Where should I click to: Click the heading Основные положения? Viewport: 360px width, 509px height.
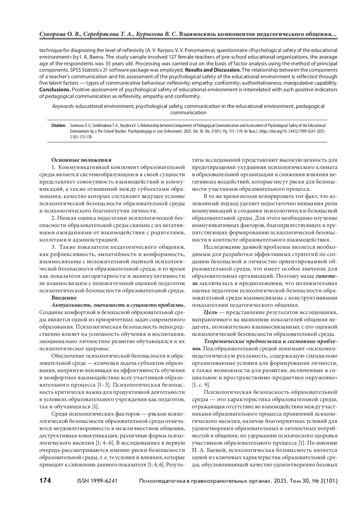[x=81, y=160]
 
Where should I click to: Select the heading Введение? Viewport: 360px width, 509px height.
[x=64, y=298]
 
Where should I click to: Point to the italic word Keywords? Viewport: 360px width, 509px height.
[x=63, y=106]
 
